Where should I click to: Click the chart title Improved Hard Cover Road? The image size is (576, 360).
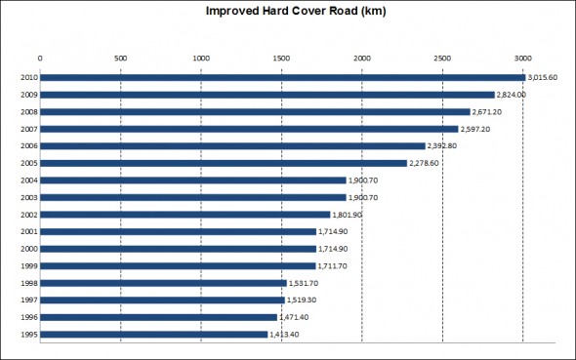click(x=289, y=13)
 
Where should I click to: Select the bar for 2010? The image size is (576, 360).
click(x=282, y=77)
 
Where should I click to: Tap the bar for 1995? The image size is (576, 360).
click(x=153, y=334)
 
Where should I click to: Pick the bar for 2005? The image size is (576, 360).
click(x=224, y=163)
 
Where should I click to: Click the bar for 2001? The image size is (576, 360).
click(x=178, y=231)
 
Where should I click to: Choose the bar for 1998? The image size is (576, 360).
click(x=163, y=283)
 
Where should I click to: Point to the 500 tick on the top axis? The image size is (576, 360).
click(x=120, y=58)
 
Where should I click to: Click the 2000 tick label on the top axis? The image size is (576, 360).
click(x=362, y=58)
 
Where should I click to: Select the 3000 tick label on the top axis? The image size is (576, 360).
click(x=523, y=58)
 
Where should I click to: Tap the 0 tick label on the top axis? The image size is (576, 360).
click(x=40, y=58)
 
